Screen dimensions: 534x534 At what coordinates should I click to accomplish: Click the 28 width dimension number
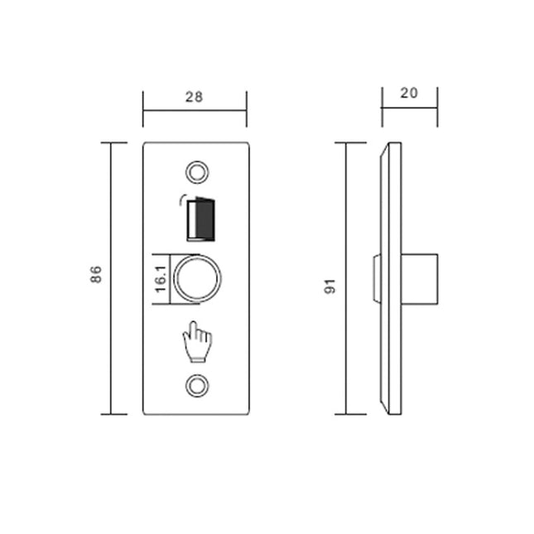point(194,97)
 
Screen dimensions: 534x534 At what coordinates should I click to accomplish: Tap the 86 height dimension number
point(95,275)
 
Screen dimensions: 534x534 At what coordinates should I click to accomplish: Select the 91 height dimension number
point(329,286)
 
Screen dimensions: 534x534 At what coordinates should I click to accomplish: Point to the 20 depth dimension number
point(408,93)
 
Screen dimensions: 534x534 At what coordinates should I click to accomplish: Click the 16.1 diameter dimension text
point(160,276)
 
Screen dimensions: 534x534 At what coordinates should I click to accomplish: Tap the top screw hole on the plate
point(197,171)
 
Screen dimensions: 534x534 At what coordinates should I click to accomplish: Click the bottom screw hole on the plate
point(197,385)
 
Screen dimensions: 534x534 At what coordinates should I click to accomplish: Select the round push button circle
point(199,276)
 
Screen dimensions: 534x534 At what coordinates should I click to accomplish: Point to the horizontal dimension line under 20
point(409,108)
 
